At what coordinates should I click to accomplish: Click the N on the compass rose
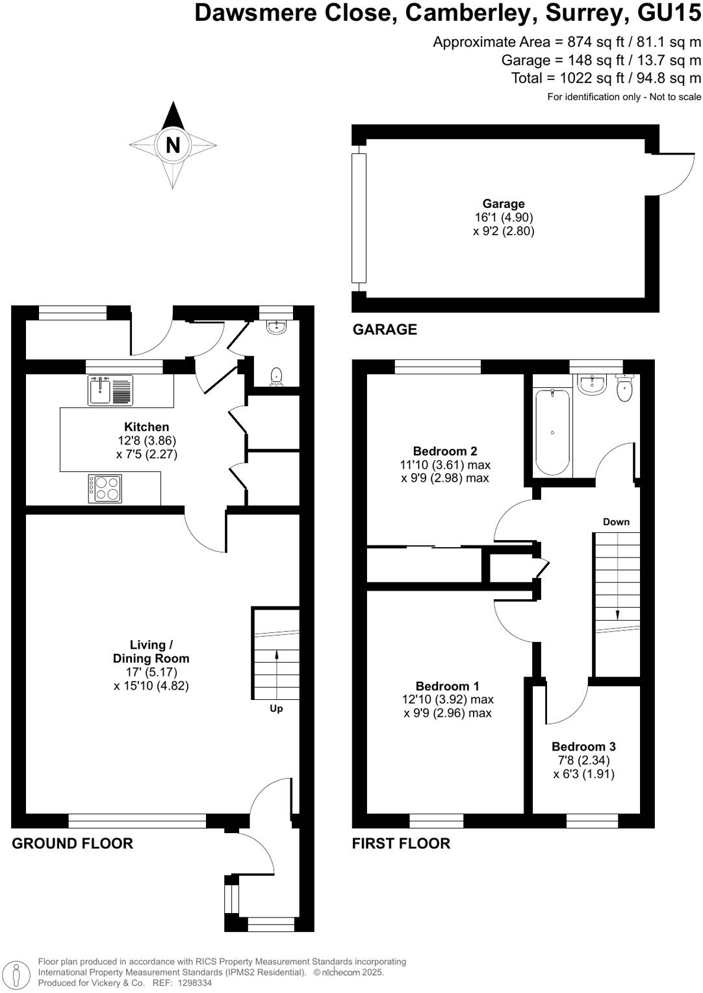[173, 144]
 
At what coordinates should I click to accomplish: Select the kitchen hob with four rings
[105, 488]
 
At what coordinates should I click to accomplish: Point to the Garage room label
[503, 204]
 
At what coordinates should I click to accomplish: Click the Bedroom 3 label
[583, 747]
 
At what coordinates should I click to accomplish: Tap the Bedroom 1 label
[447, 686]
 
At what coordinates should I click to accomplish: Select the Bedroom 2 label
[445, 451]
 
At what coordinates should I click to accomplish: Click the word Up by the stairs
[276, 708]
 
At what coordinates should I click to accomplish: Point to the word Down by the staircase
[616, 522]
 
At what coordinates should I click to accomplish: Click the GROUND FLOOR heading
[72, 844]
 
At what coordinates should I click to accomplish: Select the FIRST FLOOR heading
[401, 844]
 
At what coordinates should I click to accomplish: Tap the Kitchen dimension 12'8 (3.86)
[146, 441]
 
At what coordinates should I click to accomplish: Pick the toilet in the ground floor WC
[277, 376]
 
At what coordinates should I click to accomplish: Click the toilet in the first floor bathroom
[624, 389]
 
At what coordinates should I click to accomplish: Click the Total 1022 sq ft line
[606, 79]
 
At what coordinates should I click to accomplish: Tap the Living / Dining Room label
[151, 651]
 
